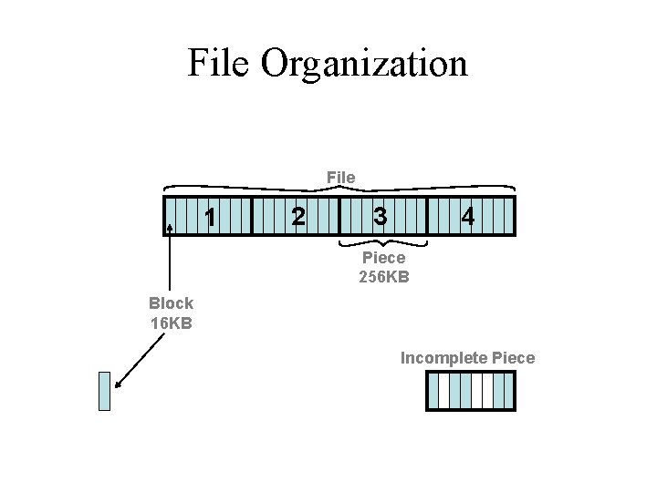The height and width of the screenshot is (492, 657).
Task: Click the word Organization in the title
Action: point(364,65)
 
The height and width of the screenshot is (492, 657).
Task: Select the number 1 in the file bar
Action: point(211,218)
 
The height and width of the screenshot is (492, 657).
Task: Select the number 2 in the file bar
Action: point(296,217)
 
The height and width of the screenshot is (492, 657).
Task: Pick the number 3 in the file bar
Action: point(381,217)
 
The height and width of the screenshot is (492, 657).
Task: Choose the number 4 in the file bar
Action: point(467,217)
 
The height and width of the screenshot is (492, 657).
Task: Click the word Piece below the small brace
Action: point(383,259)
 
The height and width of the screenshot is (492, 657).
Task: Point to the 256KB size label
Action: point(383,275)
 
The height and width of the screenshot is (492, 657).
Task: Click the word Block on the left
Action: point(172,304)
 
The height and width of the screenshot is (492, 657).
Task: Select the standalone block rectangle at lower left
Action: point(104,391)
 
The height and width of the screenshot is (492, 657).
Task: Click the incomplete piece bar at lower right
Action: point(471,392)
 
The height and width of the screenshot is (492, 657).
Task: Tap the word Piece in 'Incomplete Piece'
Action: point(513,358)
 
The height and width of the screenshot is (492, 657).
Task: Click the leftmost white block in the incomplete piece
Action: point(444,392)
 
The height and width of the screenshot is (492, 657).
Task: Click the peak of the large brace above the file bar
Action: point(339,186)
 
